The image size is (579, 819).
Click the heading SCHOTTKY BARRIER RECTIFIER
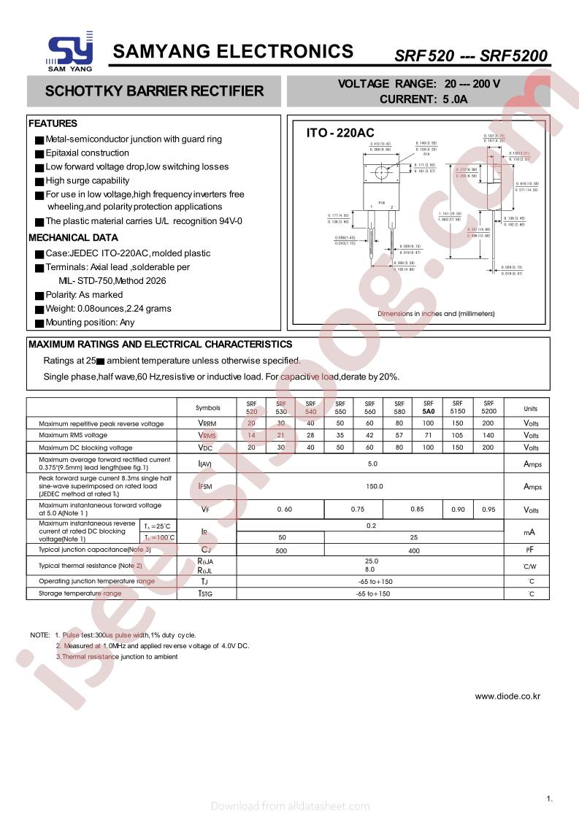pos(154,91)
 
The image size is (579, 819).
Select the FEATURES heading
pos(53,123)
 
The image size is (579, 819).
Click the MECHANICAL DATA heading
pos(73,237)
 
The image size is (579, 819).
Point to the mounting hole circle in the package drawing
pos(380,173)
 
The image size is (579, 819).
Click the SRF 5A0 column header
pos(428,407)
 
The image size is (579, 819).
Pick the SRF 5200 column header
pos(488,407)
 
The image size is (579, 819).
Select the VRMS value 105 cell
pos(458,435)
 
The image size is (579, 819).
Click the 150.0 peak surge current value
pos(372,486)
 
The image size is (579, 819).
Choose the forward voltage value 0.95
pos(488,509)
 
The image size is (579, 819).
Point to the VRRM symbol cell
pos(207,423)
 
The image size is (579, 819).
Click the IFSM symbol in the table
pos(206,486)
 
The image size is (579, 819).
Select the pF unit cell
pos(531,549)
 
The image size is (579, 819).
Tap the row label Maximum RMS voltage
pos(73,435)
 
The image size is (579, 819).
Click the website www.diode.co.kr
pos(507,696)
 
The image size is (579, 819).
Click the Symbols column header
pos(207,408)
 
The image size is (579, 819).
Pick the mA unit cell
pos(531,531)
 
